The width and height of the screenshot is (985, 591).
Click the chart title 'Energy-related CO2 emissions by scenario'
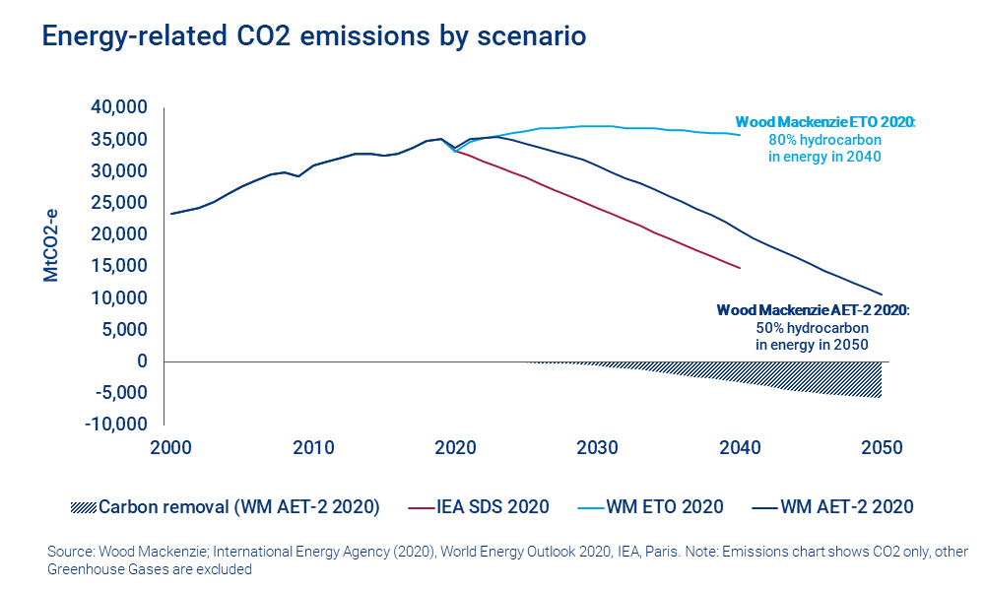pos(313,36)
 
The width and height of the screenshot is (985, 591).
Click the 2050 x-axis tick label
pos(881,446)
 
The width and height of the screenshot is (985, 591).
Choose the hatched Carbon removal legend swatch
pos(84,507)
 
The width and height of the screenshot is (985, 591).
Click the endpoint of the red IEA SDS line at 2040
pos(739,267)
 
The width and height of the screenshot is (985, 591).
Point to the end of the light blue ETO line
pos(739,135)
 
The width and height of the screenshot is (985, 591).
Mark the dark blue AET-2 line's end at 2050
pos(881,294)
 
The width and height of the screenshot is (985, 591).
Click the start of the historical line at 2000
pos(171,214)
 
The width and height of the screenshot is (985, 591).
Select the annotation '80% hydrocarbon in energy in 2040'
pos(825,148)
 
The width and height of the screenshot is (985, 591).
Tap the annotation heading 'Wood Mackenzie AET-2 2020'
pos(813,309)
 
